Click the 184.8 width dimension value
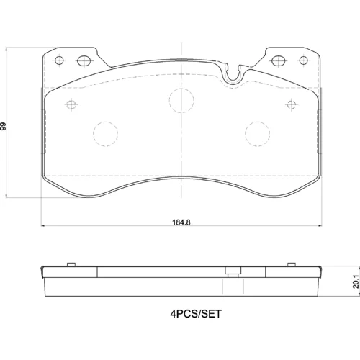coord(181,222)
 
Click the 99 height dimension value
coord(4,127)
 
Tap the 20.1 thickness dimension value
coord(356,282)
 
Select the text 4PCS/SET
coord(196,314)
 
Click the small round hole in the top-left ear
coord(59,60)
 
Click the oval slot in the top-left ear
coord(84,60)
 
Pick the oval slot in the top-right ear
coord(279,60)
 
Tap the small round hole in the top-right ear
coord(304,60)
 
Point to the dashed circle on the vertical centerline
coord(181,100)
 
